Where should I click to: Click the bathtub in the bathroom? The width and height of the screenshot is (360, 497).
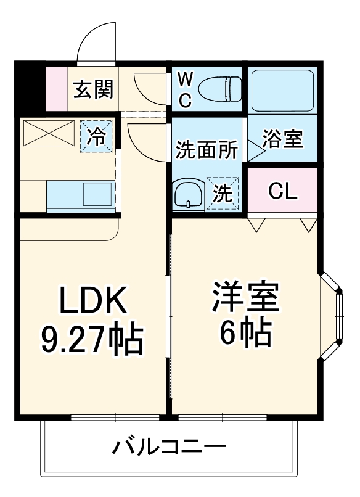[282, 89]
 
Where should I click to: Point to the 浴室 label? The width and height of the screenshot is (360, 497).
[283, 139]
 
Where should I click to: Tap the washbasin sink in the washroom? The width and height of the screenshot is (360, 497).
[187, 195]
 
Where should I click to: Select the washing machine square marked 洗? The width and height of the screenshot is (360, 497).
[223, 194]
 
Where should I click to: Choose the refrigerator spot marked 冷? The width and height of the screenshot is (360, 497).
[97, 136]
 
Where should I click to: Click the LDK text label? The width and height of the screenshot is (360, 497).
[92, 300]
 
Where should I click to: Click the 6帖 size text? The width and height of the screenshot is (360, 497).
[245, 334]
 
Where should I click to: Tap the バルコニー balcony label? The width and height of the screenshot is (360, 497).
[169, 446]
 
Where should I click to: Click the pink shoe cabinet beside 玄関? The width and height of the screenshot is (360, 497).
[56, 88]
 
